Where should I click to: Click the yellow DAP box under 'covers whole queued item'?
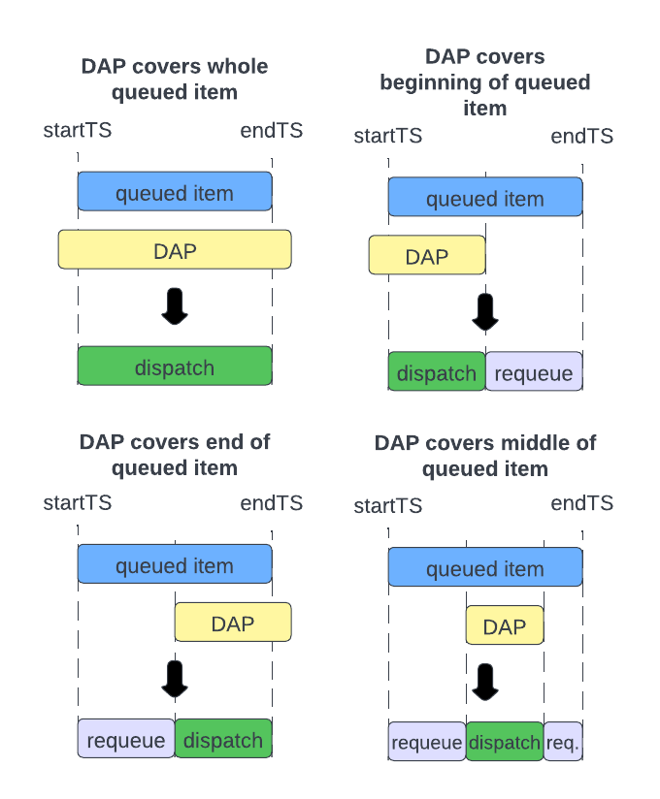point(175,250)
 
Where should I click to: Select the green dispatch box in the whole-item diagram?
point(175,368)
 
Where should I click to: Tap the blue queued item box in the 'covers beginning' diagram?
point(485,198)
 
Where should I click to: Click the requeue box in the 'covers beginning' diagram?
point(534,372)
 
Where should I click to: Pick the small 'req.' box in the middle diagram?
point(563,742)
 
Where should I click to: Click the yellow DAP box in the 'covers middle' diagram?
point(505,626)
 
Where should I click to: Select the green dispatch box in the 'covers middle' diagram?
point(505,742)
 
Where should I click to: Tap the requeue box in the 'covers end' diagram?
point(126,740)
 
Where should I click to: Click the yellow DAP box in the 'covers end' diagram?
point(233,623)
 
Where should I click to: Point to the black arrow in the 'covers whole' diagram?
point(175,306)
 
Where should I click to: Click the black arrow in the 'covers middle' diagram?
point(485,681)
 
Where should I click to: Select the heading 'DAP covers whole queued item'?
point(175,80)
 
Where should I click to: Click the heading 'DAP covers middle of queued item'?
point(485,456)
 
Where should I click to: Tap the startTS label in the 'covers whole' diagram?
point(78,131)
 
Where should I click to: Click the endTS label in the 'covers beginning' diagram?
point(582,136)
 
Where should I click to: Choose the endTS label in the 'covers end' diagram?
point(272,502)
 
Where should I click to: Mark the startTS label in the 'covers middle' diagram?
point(388,505)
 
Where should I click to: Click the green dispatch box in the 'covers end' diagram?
point(223,740)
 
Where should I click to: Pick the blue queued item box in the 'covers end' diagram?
point(175,564)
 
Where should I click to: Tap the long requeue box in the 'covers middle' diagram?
point(427,742)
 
